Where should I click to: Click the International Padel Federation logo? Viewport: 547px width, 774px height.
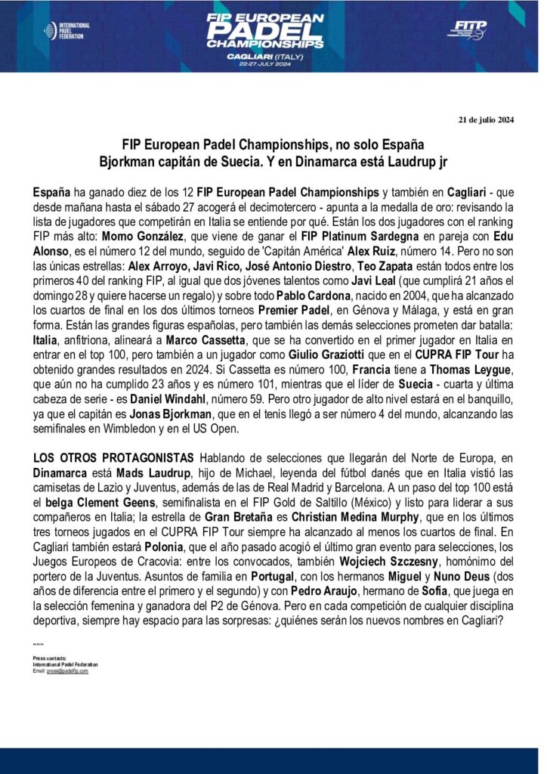[x=66, y=30]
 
